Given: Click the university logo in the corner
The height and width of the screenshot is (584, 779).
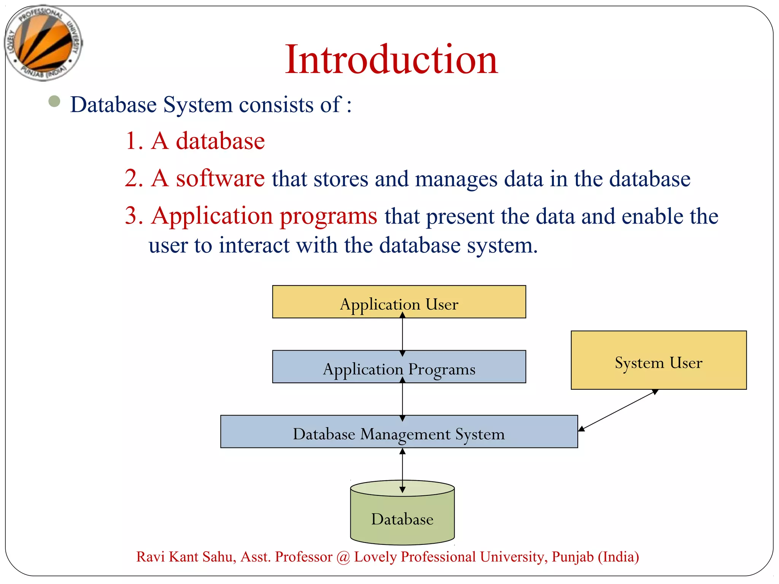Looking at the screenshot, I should click(43, 43).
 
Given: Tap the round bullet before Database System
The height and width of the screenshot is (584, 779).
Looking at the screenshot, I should click(54, 101).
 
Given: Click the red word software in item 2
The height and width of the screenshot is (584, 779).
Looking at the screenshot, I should click(220, 178).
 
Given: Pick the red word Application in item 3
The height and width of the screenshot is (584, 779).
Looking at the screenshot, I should click(212, 216).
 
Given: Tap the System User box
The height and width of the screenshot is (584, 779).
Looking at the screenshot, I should click(658, 360).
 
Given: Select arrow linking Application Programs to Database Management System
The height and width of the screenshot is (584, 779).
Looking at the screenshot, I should click(402, 399).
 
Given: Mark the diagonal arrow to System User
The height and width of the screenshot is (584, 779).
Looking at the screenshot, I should click(618, 410).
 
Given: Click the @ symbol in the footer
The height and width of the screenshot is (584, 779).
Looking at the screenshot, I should click(343, 557).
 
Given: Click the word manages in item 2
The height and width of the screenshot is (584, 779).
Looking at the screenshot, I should click(456, 179).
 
